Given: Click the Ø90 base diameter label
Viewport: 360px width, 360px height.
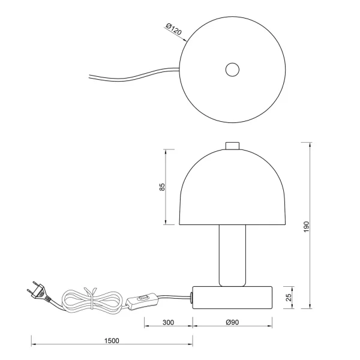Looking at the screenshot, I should coord(233,323).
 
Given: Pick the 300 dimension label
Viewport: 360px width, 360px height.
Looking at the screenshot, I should coord(168,323).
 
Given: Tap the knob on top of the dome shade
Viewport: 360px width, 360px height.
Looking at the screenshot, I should coord(232,146).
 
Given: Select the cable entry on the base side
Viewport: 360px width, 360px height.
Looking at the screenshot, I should coord(191,295).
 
